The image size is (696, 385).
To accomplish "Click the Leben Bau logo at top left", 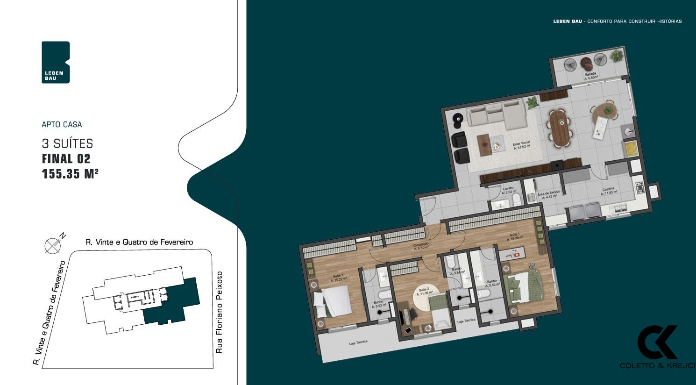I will [56, 62].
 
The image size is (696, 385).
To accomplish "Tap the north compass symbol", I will [52, 245].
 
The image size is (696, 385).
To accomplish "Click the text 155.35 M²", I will [70, 174].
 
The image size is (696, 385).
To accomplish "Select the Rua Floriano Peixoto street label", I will [220, 312].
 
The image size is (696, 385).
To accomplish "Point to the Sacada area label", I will [591, 77].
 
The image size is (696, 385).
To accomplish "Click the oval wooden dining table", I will [560, 128].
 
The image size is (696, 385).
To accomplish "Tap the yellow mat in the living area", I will [631, 149].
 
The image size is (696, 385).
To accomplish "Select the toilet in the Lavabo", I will [517, 200].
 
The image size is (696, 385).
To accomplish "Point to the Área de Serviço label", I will [549, 195].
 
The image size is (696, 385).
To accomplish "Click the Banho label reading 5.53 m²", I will [492, 283].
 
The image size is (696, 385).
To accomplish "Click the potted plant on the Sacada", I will [617, 56].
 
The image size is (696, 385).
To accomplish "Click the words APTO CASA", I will [62, 124].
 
